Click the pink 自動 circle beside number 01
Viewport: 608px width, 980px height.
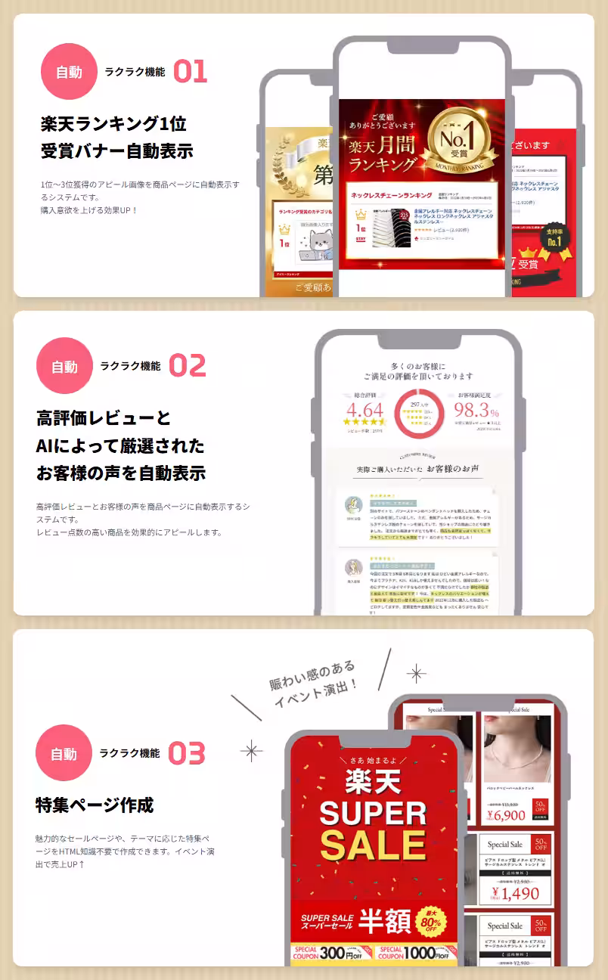click(x=69, y=72)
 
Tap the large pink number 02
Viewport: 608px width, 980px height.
click(x=187, y=365)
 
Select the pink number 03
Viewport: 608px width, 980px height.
click(x=186, y=753)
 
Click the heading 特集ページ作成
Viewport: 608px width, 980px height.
click(x=95, y=805)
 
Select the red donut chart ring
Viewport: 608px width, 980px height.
click(x=418, y=414)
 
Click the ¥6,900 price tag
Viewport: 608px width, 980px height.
click(x=506, y=815)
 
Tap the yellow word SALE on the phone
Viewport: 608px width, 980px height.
click(x=374, y=845)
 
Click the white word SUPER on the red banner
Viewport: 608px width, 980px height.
click(x=374, y=813)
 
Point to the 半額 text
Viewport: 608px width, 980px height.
click(x=385, y=920)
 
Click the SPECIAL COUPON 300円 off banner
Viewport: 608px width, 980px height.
click(x=331, y=953)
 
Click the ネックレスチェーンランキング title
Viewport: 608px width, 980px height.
click(x=391, y=195)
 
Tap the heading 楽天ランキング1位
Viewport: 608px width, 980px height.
click(x=113, y=123)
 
